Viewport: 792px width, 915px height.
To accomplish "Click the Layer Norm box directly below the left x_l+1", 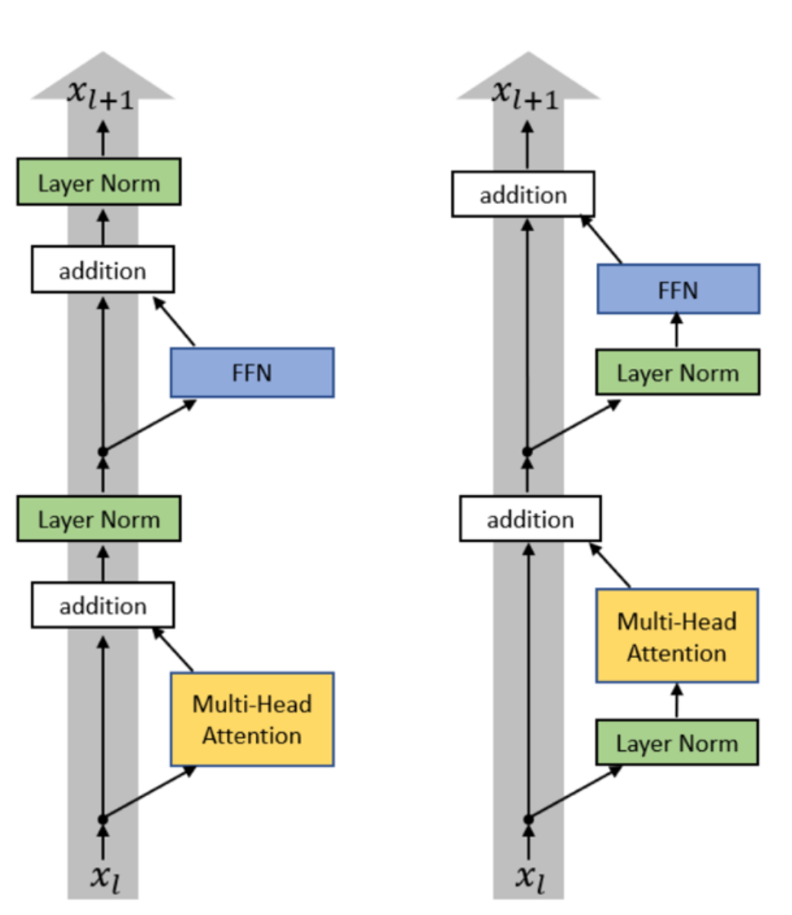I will point(99,182).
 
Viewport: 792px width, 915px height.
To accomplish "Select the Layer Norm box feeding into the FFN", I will point(677,374).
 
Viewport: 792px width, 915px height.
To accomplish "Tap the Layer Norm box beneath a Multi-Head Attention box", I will point(677,742).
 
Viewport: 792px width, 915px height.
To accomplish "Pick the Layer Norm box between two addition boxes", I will point(99,519).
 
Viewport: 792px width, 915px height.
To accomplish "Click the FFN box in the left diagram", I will point(252,373).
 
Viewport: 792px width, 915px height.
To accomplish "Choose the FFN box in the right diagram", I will point(678,289).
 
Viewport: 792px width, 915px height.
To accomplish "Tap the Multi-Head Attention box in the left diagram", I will point(252,719).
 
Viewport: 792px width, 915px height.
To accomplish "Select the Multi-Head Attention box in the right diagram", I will point(677,636).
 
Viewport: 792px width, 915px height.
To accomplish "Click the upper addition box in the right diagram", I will point(523,195).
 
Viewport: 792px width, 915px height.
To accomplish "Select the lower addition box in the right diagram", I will point(530,519).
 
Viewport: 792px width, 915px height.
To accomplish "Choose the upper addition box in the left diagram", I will point(103,270).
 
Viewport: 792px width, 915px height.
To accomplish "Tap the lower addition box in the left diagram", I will point(103,606).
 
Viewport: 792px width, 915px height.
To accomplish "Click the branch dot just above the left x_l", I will point(103,819).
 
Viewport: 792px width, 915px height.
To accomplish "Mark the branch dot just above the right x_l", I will point(529,819).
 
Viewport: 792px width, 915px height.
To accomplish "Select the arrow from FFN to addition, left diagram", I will point(175,322).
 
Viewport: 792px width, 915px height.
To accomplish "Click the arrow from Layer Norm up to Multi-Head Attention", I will point(677,701).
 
